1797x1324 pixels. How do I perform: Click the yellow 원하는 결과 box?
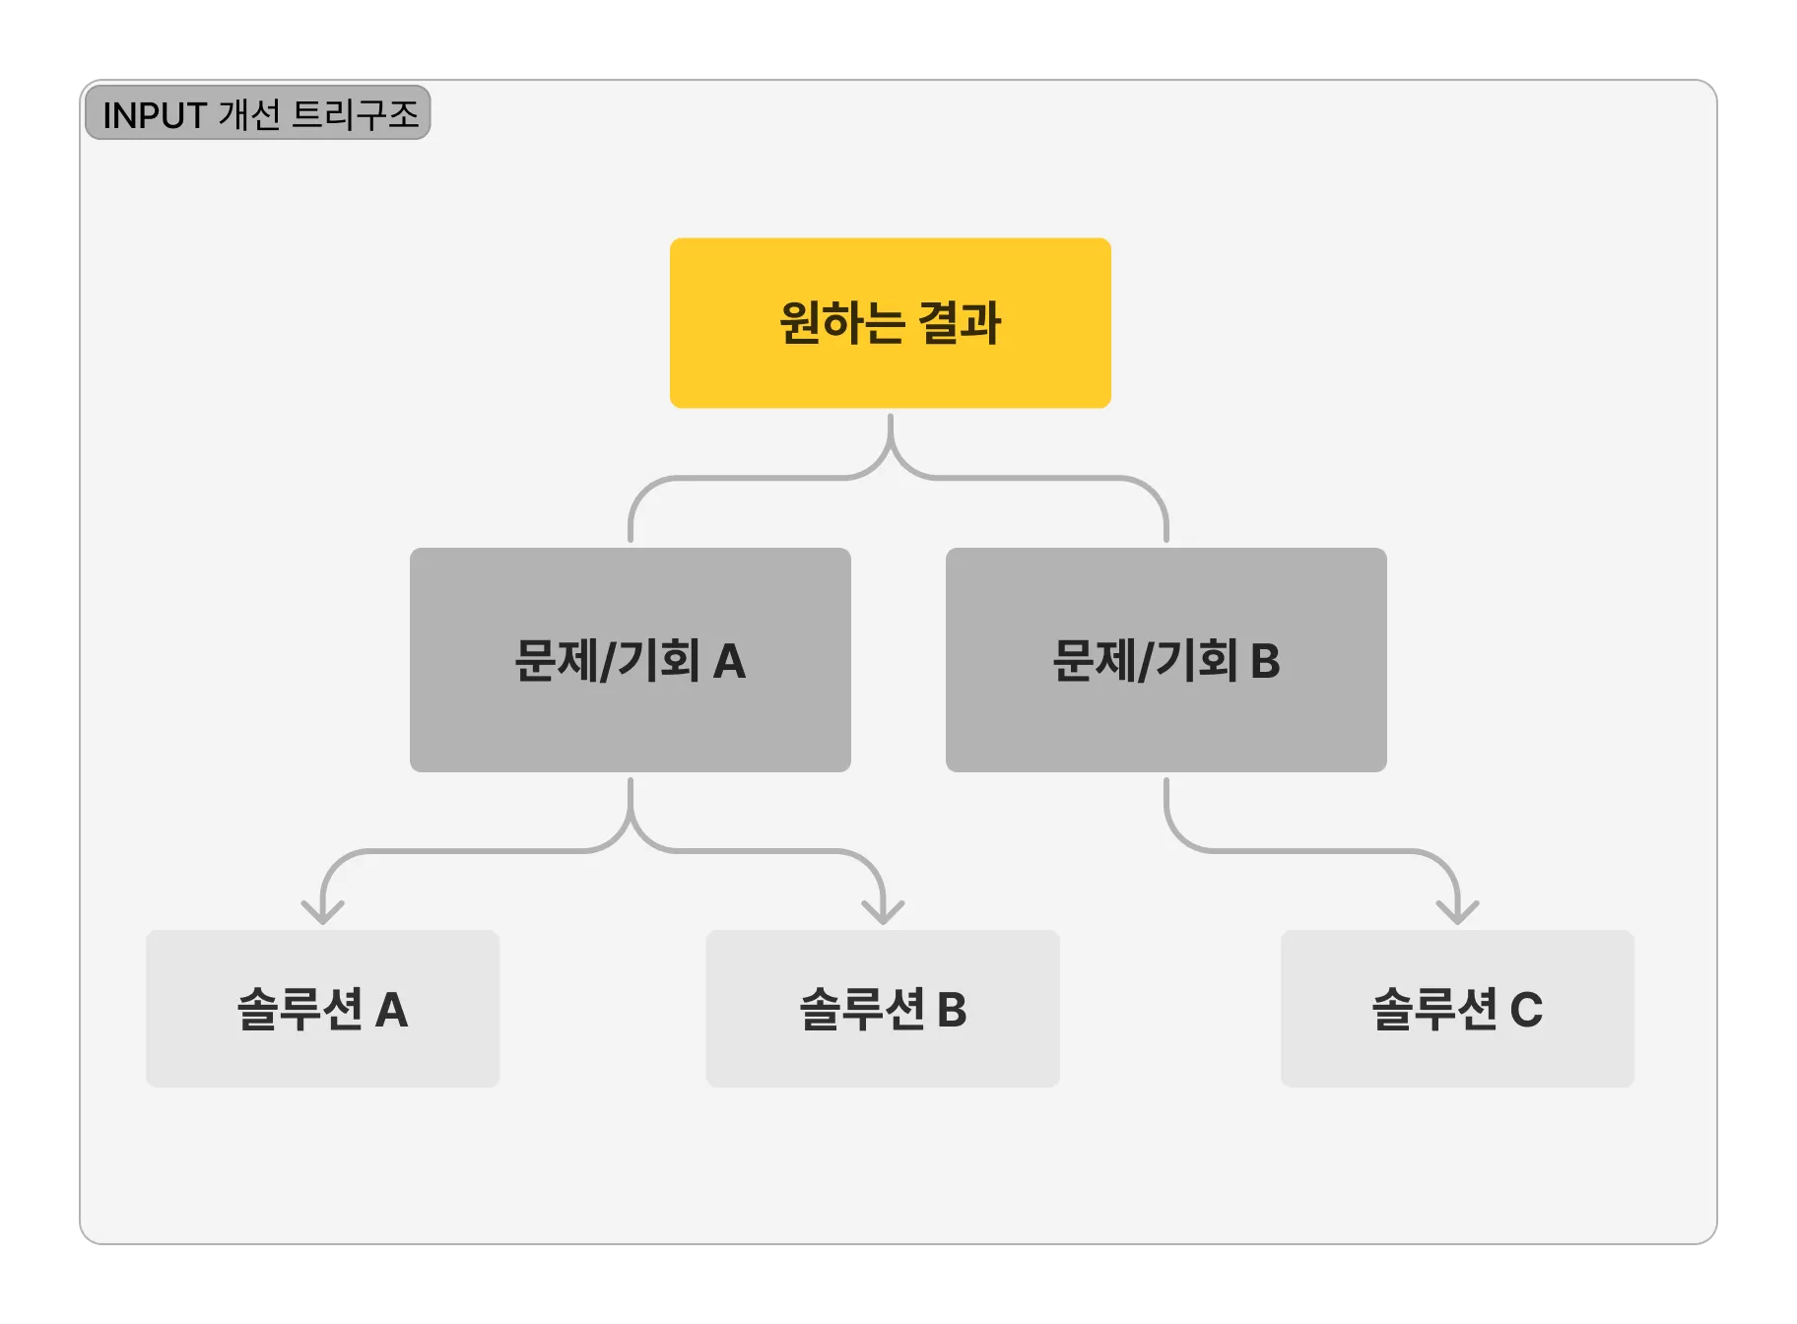coord(890,323)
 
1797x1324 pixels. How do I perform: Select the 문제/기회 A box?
coord(630,659)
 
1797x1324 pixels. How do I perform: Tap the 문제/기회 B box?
coord(1165,659)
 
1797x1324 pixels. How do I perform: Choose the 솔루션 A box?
coord(322,1008)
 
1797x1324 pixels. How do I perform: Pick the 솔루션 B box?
coord(882,1008)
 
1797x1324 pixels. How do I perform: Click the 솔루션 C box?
coord(1456,1008)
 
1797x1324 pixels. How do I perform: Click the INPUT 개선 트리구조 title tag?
coord(258,113)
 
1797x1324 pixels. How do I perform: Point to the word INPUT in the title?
coord(154,115)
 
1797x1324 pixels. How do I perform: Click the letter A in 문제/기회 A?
coord(729,661)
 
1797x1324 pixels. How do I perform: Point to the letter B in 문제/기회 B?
coord(1265,661)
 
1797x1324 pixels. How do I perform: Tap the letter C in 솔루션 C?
coord(1526,1010)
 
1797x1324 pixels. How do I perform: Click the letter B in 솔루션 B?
coord(952,1010)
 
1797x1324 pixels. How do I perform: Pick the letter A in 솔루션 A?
coord(391,1010)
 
